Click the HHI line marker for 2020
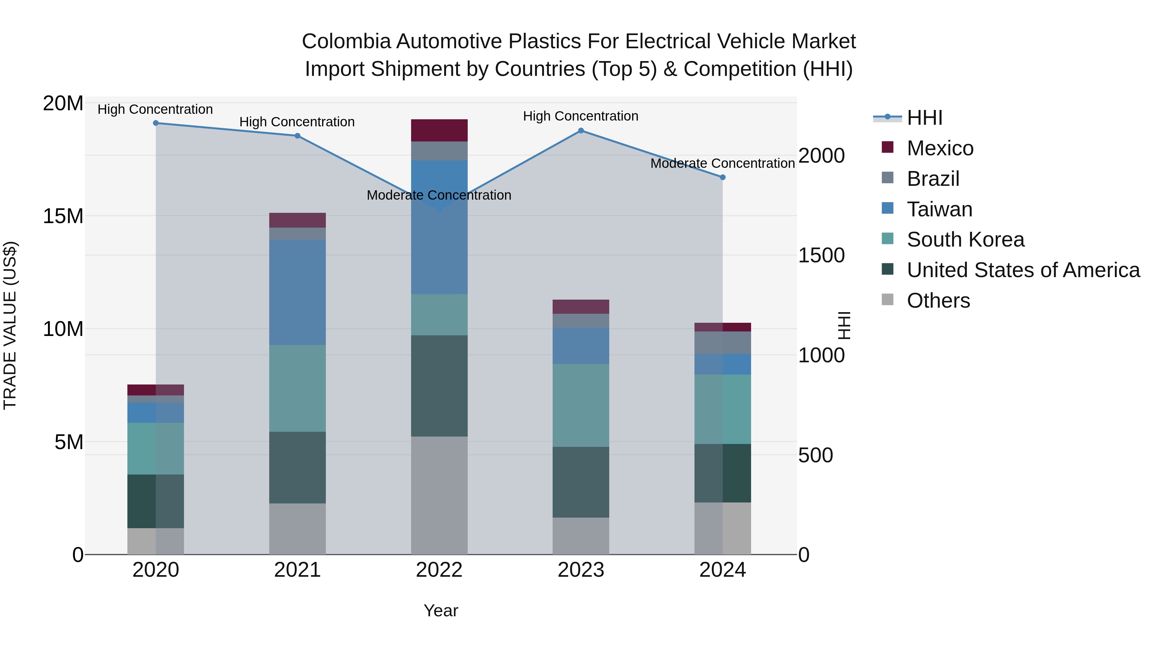pyautogui.click(x=156, y=123)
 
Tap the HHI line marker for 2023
pyautogui.click(x=581, y=131)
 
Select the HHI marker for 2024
pyautogui.click(x=723, y=177)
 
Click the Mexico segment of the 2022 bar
pyautogui.click(x=439, y=130)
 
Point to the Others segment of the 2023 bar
pyautogui.click(x=581, y=536)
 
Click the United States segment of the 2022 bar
pyautogui.click(x=439, y=385)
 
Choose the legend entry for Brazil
pyautogui.click(x=933, y=179)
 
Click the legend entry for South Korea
pyautogui.click(x=965, y=240)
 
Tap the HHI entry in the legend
pyautogui.click(x=924, y=118)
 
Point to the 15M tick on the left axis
pyautogui.click(x=63, y=216)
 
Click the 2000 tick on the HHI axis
pyautogui.click(x=821, y=156)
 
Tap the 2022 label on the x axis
pyautogui.click(x=439, y=570)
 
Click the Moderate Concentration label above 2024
pyautogui.click(x=722, y=164)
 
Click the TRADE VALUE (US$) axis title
pyautogui.click(x=10, y=325)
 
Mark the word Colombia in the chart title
pyautogui.click(x=346, y=41)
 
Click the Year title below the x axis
pyautogui.click(x=441, y=610)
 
